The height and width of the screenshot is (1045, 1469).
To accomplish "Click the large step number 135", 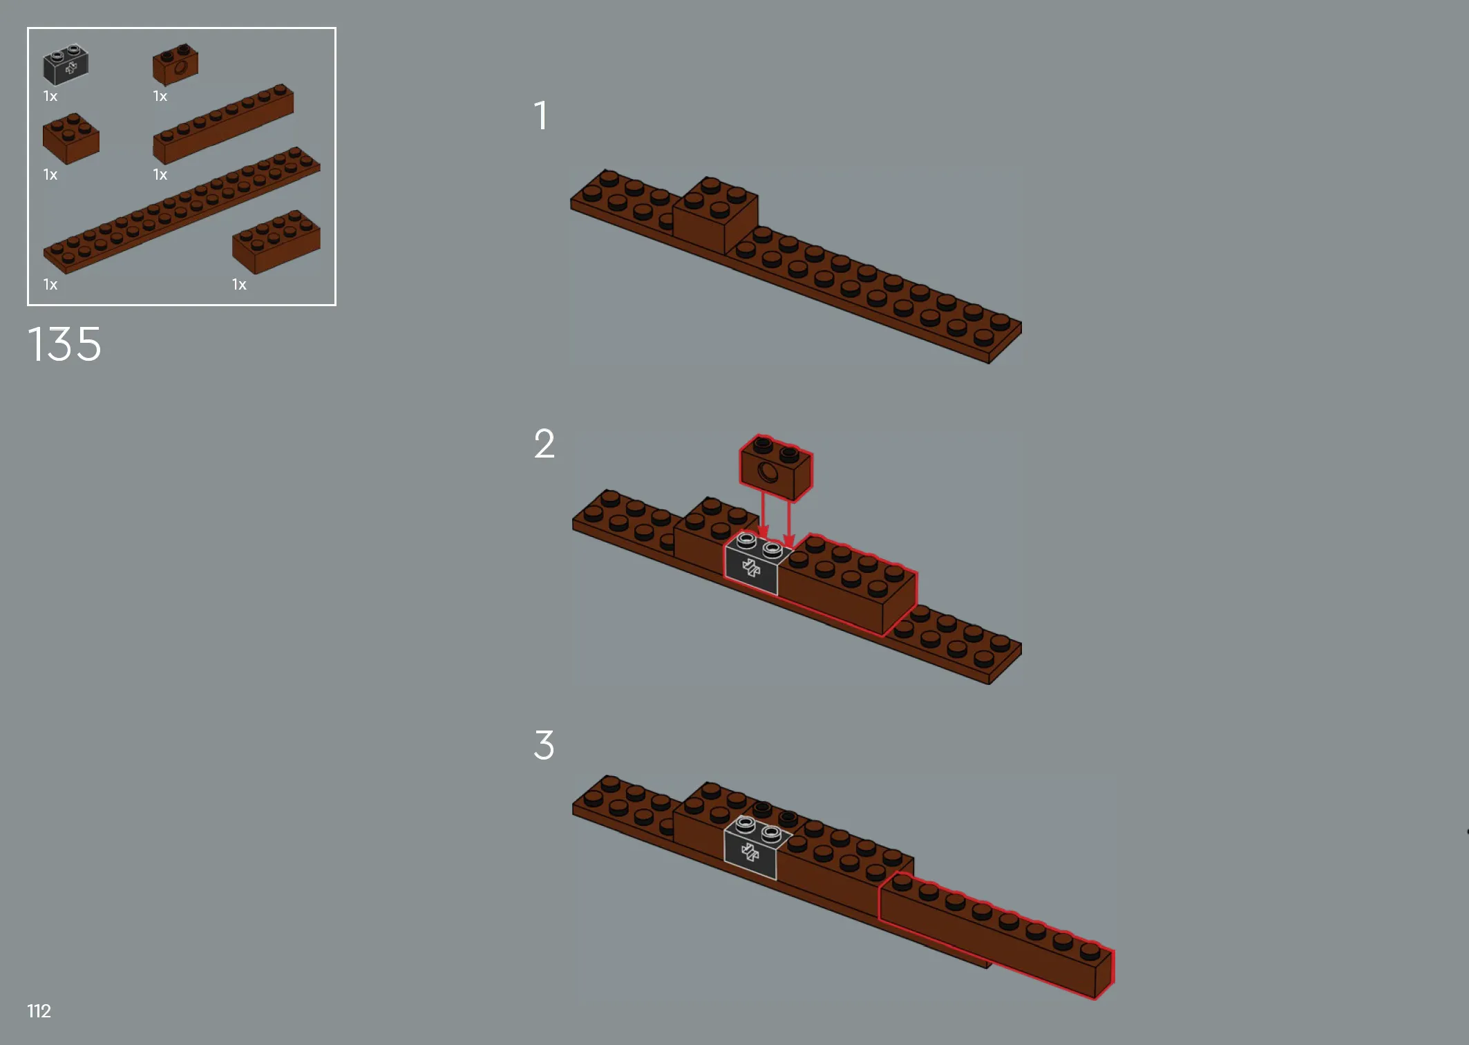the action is (64, 344).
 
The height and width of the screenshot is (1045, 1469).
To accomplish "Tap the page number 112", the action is (39, 1011).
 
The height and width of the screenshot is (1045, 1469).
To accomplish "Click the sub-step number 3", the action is (544, 745).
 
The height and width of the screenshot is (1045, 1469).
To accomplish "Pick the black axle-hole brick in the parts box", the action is (66, 65).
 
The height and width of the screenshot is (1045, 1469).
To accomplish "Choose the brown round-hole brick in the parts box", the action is (176, 64).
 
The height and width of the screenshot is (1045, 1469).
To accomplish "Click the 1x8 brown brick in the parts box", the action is (223, 124).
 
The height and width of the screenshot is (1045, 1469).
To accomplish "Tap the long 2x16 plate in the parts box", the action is (182, 210).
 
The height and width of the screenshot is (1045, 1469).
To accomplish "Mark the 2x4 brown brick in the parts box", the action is (276, 241).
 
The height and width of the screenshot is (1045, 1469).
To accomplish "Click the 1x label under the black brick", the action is (50, 96).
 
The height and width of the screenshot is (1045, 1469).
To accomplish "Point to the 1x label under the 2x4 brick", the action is (239, 285).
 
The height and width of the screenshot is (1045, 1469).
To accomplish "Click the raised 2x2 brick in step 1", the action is (716, 215).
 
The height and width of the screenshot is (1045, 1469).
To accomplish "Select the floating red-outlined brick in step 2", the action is (776, 467).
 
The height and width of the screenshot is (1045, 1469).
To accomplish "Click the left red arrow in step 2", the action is (763, 514).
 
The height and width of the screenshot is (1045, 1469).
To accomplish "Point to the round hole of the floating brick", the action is (768, 473).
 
